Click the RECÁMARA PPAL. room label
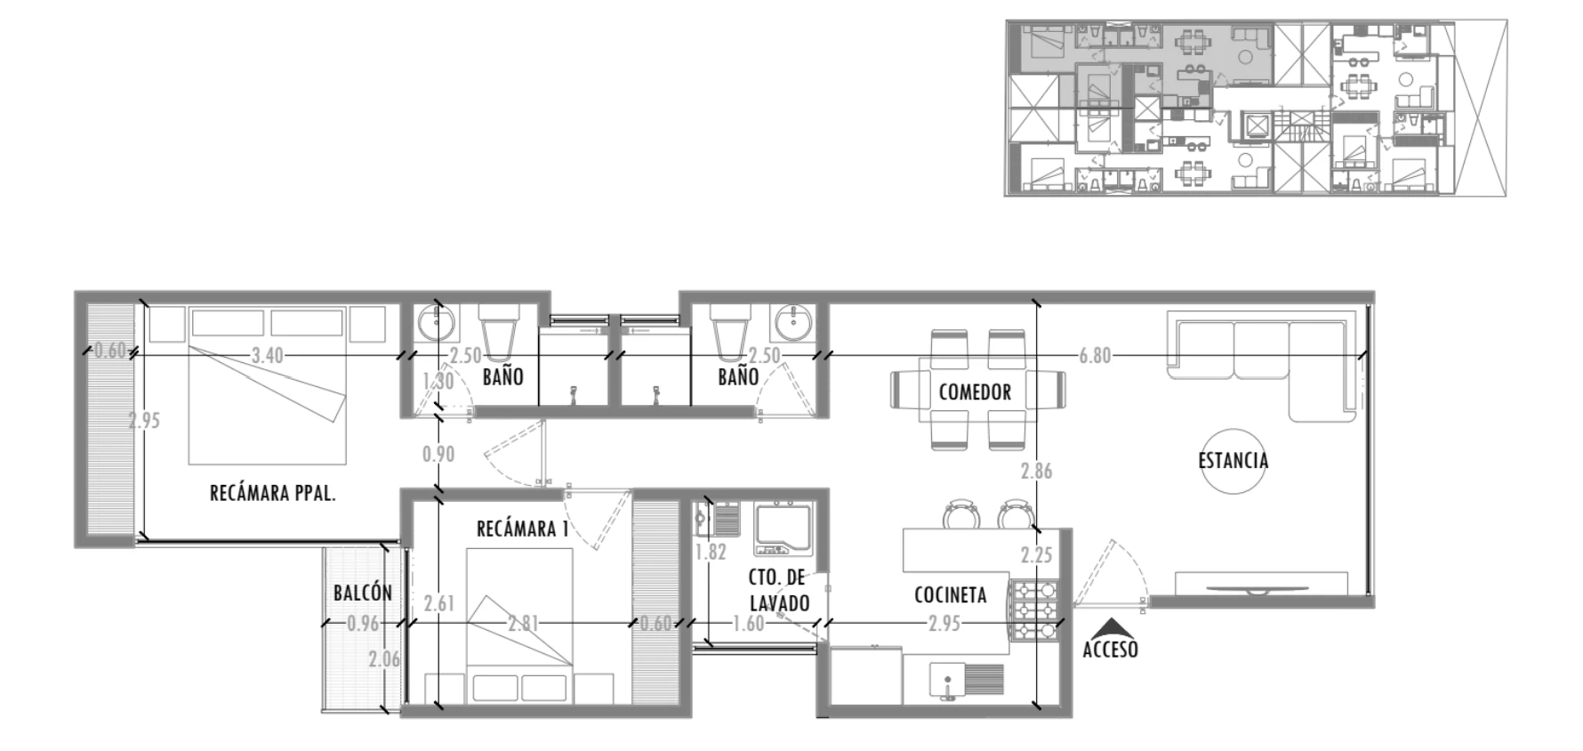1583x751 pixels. tap(272, 493)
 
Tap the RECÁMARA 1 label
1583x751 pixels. tap(522, 529)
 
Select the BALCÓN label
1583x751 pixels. tap(363, 593)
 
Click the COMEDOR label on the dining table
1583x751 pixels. tap(975, 392)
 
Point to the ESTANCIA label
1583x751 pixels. tap(1233, 460)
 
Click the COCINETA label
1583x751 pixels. tap(950, 594)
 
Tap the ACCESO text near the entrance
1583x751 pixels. tap(1110, 650)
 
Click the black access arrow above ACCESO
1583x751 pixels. tap(1110, 628)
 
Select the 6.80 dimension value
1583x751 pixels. tap(1095, 355)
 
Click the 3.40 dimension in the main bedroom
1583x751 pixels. tap(267, 355)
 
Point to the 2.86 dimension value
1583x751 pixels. tap(1036, 471)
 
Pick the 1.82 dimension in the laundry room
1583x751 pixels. tap(711, 552)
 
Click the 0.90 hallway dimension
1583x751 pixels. tap(438, 454)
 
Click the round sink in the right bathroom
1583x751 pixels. tap(791, 322)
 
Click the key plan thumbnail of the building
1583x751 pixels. tap(1256, 108)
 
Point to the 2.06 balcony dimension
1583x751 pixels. tap(384, 659)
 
